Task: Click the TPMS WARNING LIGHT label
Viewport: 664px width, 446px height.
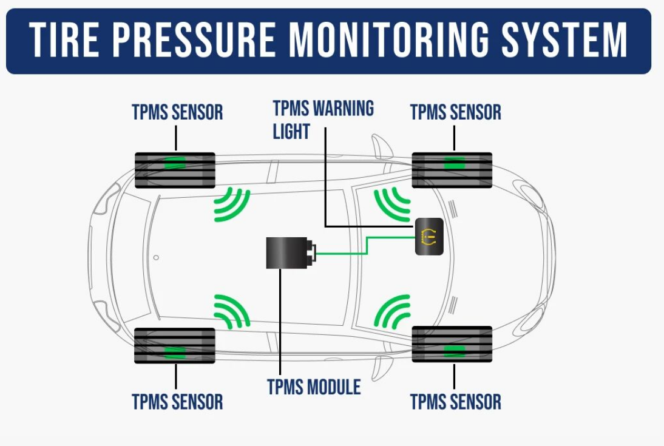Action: [322, 120]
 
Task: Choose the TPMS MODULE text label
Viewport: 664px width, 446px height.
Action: [314, 387]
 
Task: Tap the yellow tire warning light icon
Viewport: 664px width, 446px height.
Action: [429, 236]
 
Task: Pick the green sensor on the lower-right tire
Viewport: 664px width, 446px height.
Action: [453, 350]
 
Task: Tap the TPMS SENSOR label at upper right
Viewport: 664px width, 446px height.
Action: [455, 112]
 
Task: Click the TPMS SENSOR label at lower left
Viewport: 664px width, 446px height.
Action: [177, 402]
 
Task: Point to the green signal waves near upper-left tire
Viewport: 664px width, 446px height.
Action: [233, 204]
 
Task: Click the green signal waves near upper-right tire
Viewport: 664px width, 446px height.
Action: [391, 204]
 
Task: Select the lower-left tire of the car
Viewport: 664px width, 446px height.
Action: [175, 346]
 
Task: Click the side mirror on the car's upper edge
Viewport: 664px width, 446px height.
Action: [382, 146]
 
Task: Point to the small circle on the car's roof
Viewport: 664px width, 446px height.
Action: [156, 257]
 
